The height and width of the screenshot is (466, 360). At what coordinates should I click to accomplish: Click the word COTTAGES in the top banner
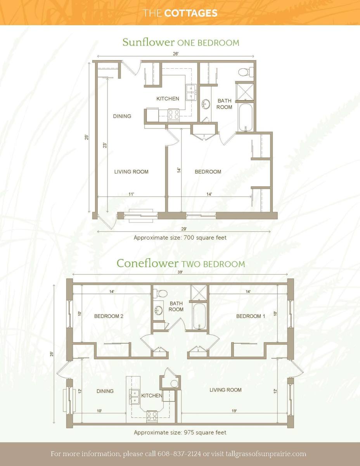point(191,13)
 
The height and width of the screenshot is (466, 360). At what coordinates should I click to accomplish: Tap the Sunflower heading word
point(149,42)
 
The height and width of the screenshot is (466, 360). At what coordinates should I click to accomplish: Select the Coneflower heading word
point(147,263)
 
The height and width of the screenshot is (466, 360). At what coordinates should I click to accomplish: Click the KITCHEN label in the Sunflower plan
point(168,99)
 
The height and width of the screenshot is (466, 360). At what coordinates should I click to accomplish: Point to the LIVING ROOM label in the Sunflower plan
point(131,172)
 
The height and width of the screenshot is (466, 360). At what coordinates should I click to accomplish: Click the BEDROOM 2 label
point(109,316)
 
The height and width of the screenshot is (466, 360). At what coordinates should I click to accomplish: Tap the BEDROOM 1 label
point(251,316)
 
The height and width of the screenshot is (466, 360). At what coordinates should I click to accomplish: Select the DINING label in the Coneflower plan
point(105,391)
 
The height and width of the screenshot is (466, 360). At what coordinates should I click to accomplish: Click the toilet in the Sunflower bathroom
point(246,72)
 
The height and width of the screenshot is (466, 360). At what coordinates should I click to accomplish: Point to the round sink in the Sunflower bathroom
point(206,104)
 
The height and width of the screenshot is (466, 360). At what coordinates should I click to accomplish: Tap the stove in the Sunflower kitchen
point(174,115)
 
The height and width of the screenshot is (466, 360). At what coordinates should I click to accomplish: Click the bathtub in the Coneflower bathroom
point(199,316)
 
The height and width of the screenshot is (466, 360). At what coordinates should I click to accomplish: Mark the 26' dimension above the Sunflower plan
point(176,54)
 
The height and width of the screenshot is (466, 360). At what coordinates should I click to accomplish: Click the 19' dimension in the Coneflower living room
point(234,411)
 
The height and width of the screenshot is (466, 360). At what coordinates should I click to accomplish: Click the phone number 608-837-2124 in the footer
point(179,454)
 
